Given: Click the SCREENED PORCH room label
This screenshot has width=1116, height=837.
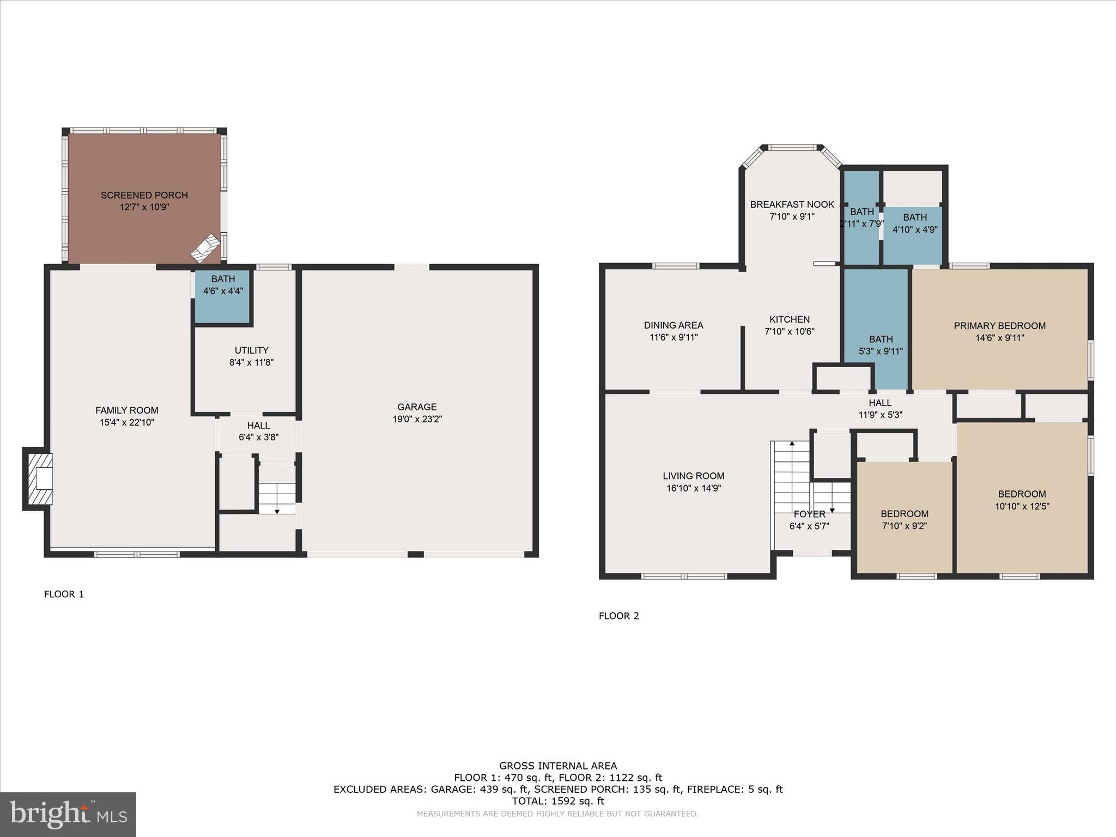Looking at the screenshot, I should click(144, 195).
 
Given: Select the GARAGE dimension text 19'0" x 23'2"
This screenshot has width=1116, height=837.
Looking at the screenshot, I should click(417, 419).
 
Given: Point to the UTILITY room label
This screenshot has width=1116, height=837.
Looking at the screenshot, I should click(251, 350).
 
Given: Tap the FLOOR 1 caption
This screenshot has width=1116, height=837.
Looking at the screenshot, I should click(64, 594).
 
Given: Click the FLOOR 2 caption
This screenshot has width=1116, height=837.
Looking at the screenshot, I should click(618, 616).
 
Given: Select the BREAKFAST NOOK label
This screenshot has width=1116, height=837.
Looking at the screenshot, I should click(792, 204).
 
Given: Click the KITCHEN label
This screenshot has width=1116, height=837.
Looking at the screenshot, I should click(789, 319).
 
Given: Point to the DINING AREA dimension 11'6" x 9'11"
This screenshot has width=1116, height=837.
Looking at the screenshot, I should click(674, 337).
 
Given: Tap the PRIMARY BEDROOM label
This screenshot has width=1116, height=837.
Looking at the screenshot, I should click(999, 326).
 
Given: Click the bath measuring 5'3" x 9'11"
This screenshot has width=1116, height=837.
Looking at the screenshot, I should click(880, 345).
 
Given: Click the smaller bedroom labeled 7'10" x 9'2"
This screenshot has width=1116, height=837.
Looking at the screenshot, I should click(904, 519).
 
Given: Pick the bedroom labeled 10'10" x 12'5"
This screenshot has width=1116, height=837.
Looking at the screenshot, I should click(1022, 500).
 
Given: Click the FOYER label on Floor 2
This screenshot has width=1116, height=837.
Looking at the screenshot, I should click(809, 514).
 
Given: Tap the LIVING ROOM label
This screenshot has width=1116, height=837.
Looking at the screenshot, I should click(693, 476).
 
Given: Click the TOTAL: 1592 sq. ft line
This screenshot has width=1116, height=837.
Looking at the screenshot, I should click(557, 801).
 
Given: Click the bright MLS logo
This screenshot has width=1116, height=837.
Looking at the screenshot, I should click(68, 815).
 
